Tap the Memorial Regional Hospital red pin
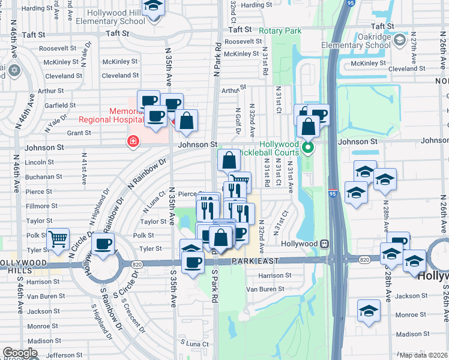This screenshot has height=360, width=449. (x=132, y=142)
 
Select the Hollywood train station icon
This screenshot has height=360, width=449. (x=325, y=244)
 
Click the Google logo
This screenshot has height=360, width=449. (x=20, y=353)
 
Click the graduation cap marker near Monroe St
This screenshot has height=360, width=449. (x=369, y=311)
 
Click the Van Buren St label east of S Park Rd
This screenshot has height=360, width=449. (x=265, y=289)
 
